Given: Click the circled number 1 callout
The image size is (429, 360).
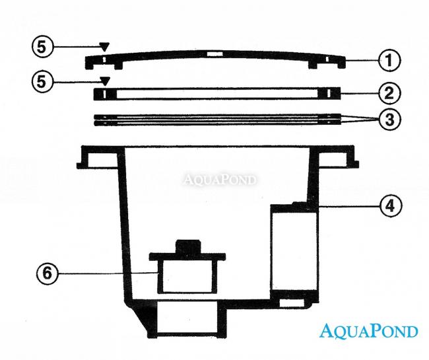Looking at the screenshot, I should click(x=390, y=61).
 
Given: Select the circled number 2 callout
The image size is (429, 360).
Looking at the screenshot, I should click(x=390, y=92).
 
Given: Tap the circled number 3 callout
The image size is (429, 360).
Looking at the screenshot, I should click(x=390, y=121).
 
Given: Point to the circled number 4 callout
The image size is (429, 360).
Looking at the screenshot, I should click(x=390, y=205).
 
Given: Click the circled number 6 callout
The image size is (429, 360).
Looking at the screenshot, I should click(x=48, y=272).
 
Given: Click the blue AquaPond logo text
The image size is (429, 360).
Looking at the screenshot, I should click(x=368, y=330).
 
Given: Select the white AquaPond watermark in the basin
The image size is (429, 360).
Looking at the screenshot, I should click(x=220, y=179).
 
